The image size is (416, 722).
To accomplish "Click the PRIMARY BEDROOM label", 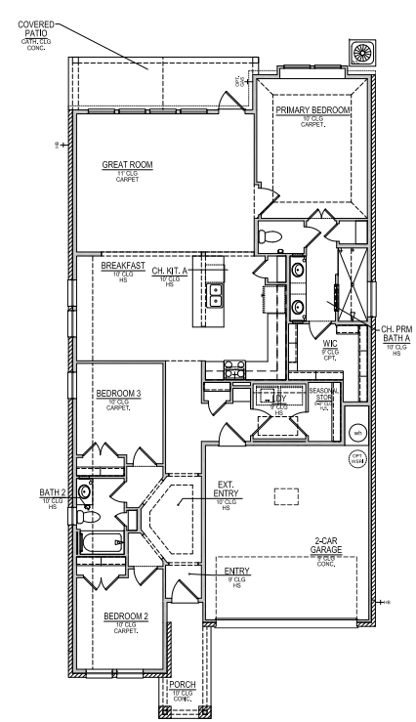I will (x=312, y=111).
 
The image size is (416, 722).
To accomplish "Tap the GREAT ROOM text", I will (x=123, y=165).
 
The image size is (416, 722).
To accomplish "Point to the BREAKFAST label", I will (x=123, y=265).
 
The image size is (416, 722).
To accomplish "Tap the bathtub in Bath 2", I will (x=99, y=544).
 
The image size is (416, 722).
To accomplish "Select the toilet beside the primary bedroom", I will (x=272, y=234).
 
